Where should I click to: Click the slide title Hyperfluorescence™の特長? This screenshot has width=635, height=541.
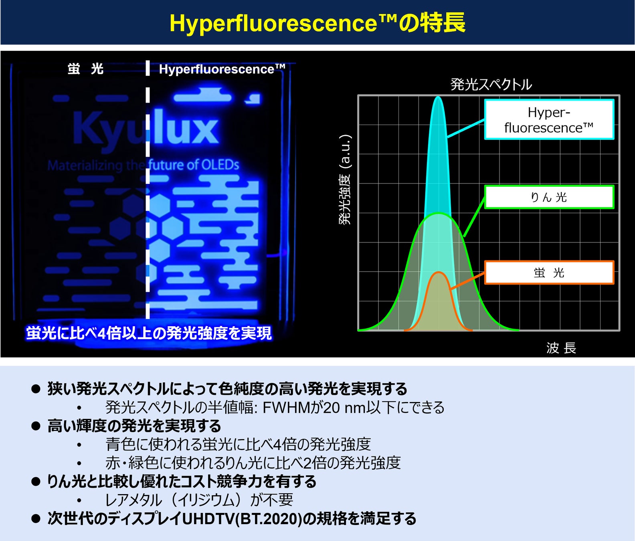pos(317,22)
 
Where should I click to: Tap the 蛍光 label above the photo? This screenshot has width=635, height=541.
pos(85,69)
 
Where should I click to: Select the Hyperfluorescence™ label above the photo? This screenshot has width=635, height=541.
pos(222,69)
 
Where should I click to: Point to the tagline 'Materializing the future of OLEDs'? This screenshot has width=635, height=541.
pos(143,165)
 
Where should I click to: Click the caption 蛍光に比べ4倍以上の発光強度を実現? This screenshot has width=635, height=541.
pos(149,333)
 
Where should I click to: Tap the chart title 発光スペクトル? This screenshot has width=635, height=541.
pos(491,84)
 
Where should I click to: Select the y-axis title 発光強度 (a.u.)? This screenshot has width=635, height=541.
pos(345,180)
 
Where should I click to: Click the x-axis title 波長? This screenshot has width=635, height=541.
pos(561,347)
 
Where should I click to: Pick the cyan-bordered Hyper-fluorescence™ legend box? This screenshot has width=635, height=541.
pos(549,119)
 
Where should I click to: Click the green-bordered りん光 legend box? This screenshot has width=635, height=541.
pos(549,197)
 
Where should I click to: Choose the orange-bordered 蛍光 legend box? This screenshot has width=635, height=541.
pos(549,273)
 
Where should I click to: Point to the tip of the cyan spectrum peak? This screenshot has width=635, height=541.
pos(438,97)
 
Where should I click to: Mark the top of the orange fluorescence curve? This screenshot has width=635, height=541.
pos(439,273)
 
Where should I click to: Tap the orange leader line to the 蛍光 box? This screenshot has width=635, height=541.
pos(467,281)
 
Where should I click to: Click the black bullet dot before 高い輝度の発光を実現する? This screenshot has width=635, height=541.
pos(36,426)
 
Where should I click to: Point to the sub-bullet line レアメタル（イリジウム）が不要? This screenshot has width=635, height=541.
pos(199,500)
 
